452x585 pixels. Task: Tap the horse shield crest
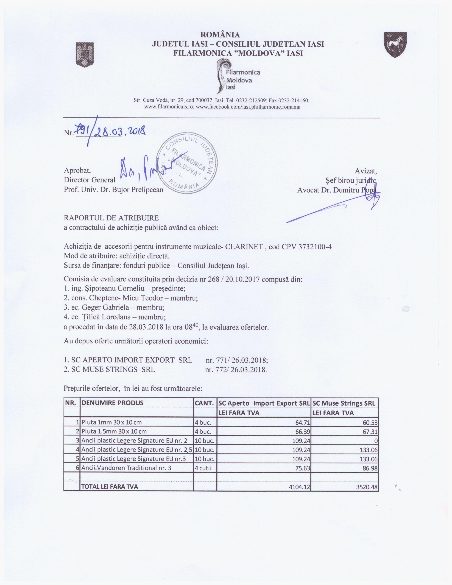[395, 44]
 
